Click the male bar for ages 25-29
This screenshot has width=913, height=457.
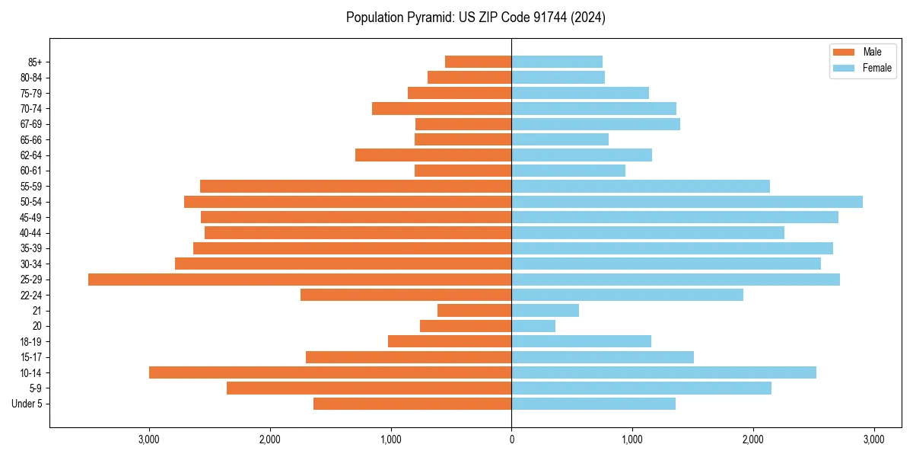(300, 280)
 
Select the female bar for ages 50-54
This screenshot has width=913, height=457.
(687, 202)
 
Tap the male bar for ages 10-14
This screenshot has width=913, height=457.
(330, 372)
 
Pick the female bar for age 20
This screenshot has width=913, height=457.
(533, 326)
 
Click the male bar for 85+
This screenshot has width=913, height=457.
(478, 62)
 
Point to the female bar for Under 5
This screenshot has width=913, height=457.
(593, 404)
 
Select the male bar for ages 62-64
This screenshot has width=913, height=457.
(433, 155)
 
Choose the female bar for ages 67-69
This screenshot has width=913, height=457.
(596, 124)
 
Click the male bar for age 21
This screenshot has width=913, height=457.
(474, 311)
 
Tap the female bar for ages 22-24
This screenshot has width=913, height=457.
(627, 295)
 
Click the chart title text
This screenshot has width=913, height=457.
(476, 18)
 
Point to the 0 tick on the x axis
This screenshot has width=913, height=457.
(511, 439)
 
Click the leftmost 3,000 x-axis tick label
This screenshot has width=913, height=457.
(149, 439)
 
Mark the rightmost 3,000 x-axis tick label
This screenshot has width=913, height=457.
(873, 439)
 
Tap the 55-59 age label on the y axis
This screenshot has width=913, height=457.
(31, 187)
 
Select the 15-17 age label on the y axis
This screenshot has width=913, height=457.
(31, 357)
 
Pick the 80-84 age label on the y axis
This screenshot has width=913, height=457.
(31, 78)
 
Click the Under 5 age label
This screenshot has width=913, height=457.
(27, 404)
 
